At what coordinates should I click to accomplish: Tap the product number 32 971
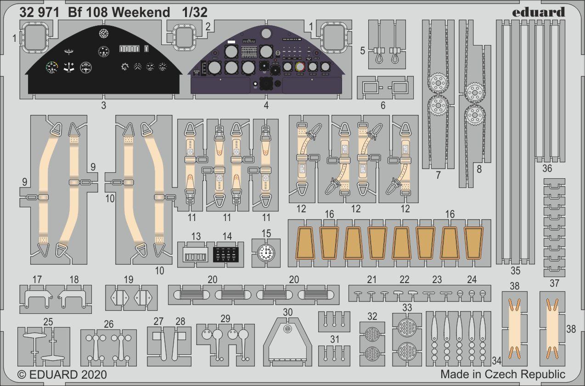pyautogui.click(x=39, y=13)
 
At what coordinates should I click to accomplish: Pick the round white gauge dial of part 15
pyautogui.click(x=266, y=252)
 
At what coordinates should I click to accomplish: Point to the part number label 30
pyautogui.click(x=287, y=312)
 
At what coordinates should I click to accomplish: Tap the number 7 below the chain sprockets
pyautogui.click(x=438, y=175)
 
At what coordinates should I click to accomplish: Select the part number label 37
pyautogui.click(x=554, y=283)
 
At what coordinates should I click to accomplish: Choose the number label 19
pyautogui.click(x=128, y=279)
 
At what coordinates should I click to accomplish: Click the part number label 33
pyautogui.click(x=407, y=307)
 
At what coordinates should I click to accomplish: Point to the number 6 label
pyautogui.click(x=382, y=105)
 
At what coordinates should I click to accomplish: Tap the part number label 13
pyautogui.click(x=196, y=237)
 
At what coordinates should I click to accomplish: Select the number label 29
pyautogui.click(x=225, y=318)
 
